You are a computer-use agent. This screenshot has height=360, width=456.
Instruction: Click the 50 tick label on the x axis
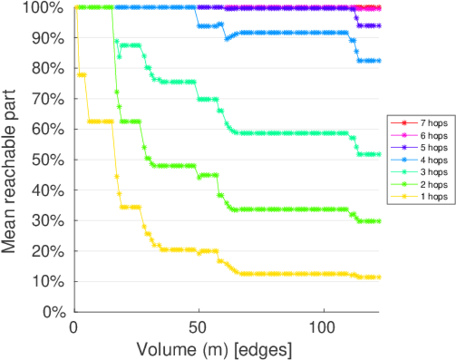coord(199,329)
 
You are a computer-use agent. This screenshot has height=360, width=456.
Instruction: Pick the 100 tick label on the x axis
coord(324,329)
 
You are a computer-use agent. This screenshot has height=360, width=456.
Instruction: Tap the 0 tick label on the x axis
coord(74,329)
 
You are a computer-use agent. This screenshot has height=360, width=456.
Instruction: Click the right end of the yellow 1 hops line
coord(379,277)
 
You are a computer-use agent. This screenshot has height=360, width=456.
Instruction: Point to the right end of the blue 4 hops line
coord(379,61)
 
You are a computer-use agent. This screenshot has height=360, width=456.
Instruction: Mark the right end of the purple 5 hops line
coord(379,26)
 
